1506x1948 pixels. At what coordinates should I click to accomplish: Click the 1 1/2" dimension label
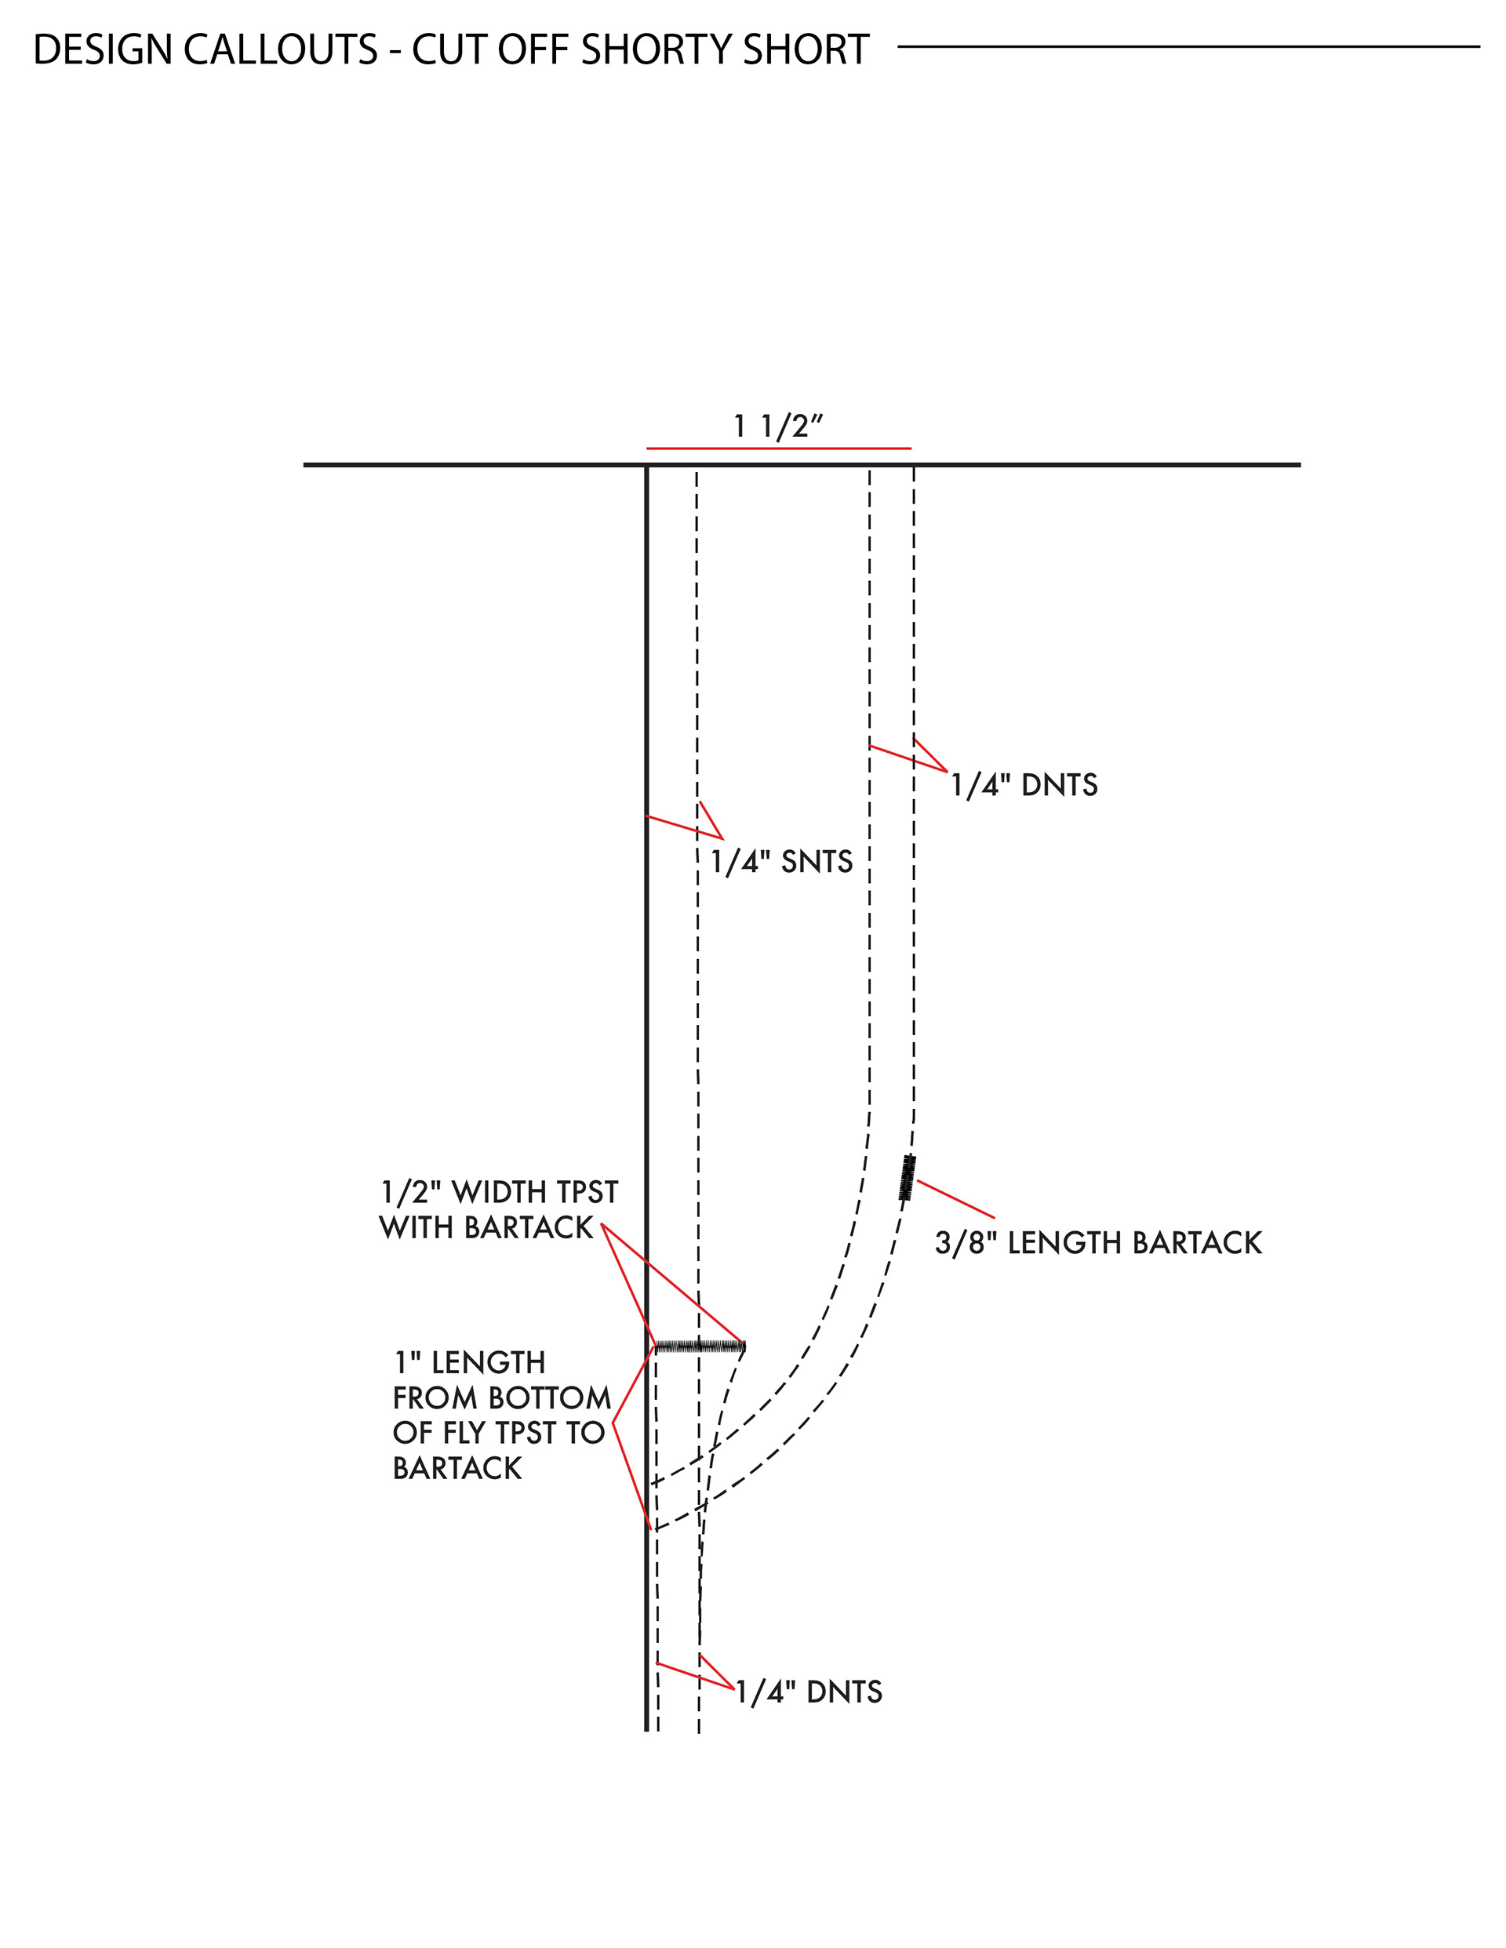777,427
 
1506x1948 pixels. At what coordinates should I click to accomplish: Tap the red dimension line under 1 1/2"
778,448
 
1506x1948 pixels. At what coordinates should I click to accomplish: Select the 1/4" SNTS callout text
780,863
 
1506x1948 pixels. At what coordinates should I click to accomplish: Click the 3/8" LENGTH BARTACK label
1098,1243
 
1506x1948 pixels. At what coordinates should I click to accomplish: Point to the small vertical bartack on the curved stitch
908,1176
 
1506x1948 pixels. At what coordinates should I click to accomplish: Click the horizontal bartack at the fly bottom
700,1346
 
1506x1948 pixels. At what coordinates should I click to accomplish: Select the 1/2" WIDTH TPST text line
499,1193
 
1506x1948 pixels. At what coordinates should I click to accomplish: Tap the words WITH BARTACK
486,1228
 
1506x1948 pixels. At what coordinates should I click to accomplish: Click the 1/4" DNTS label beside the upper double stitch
1024,786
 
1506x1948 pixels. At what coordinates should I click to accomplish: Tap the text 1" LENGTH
469,1363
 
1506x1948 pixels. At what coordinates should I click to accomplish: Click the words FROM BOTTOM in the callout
501,1397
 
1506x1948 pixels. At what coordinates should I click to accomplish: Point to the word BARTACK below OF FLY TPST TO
457,1468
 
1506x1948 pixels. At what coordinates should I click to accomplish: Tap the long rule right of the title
1188,46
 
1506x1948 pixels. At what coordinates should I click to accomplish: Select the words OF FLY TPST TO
499,1434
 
